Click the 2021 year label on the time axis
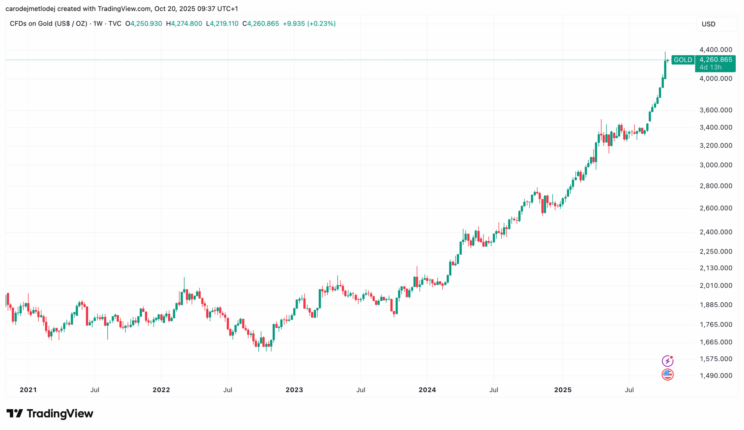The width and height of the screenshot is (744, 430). tap(28, 390)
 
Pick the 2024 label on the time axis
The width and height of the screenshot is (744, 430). tap(427, 390)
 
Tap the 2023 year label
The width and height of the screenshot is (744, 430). tap(294, 390)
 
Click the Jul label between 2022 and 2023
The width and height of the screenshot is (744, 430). tap(228, 390)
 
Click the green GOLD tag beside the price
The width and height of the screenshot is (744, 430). tap(683, 60)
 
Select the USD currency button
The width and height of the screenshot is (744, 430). tap(716, 24)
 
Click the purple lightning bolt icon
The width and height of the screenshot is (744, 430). tap(667, 361)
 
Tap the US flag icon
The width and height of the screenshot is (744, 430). tap(667, 374)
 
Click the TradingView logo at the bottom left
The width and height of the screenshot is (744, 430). tap(50, 413)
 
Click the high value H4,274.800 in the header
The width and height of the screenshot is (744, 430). tap(184, 23)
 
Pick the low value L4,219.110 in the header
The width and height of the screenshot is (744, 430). tap(222, 23)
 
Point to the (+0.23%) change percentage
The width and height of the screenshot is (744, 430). tap(321, 23)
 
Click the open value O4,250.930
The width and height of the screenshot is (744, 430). tap(144, 23)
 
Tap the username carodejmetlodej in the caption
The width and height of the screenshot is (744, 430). tap(31, 8)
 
